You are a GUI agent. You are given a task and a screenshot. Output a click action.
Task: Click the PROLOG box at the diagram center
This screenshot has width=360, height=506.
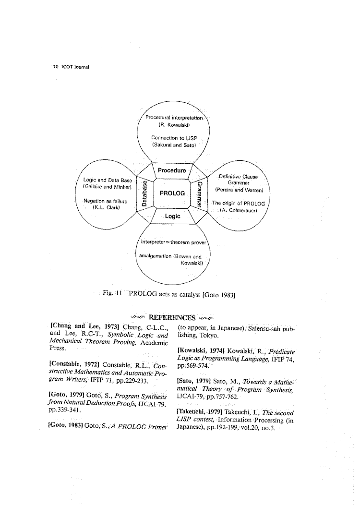click(173, 193)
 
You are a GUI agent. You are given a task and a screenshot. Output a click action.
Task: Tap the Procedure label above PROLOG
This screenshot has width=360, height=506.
click(172, 170)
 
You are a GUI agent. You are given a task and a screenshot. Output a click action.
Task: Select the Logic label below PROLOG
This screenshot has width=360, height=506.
click(172, 216)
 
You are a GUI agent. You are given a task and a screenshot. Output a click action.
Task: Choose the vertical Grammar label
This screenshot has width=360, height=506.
click(199, 193)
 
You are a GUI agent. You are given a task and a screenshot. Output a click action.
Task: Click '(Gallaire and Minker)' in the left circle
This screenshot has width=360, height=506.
click(108, 186)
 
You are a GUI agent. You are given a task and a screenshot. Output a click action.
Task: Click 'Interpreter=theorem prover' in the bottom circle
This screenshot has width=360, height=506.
click(173, 242)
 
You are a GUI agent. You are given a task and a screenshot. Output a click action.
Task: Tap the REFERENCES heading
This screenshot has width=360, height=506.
click(172, 317)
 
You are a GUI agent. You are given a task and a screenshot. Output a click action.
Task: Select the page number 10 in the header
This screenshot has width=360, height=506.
click(56, 67)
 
